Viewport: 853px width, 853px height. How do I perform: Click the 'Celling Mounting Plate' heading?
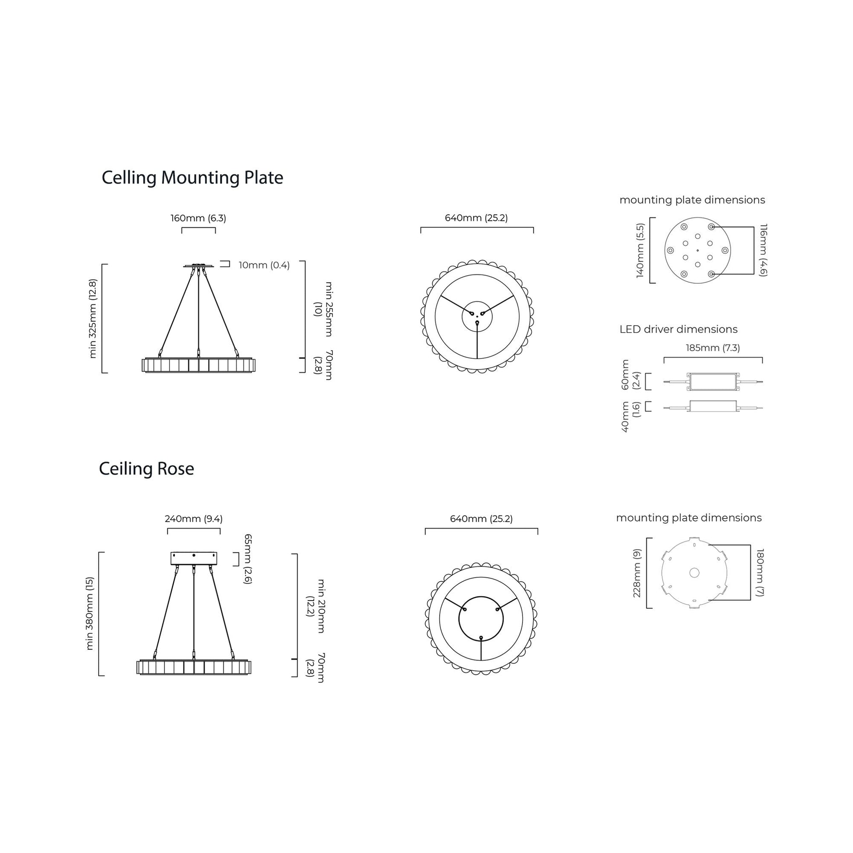click(x=192, y=178)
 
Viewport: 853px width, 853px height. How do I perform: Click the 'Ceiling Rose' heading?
click(x=146, y=469)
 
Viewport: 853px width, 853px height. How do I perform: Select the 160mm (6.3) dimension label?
click(x=198, y=218)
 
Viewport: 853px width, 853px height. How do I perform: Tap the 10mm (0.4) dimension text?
click(x=264, y=265)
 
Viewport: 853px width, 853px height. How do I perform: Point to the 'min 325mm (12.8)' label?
click(x=93, y=318)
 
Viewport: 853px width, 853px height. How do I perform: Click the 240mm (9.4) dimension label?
click(x=193, y=519)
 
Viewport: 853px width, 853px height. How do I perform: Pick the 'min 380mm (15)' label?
click(x=89, y=613)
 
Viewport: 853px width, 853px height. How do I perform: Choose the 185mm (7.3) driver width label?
click(x=713, y=348)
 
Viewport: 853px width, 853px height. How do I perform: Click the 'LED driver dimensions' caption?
click(x=678, y=329)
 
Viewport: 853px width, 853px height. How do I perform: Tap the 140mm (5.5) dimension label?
click(x=640, y=250)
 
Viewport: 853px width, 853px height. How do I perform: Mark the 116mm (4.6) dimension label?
click(x=764, y=250)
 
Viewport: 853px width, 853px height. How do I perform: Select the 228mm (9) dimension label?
click(x=636, y=573)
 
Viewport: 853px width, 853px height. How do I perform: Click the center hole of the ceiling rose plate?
click(x=694, y=573)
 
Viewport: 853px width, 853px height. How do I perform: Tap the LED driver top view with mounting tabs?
click(x=713, y=382)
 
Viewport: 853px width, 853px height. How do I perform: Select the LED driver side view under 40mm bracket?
click(x=713, y=407)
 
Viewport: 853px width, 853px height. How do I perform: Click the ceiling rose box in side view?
click(x=194, y=558)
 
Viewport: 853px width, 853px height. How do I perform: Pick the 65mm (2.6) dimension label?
click(x=248, y=559)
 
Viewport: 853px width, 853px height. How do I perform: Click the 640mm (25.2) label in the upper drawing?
click(x=476, y=218)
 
